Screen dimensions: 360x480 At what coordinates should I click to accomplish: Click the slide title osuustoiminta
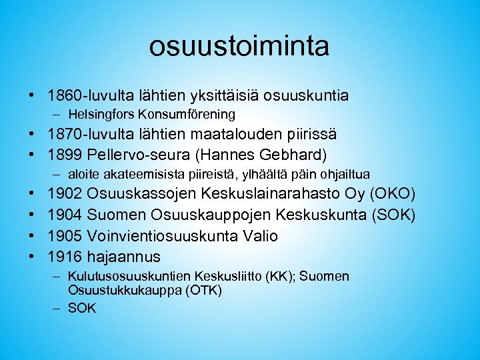click(x=239, y=47)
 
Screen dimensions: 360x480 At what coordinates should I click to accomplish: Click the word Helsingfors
click(x=99, y=115)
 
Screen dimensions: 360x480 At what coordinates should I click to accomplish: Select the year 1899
click(x=65, y=155)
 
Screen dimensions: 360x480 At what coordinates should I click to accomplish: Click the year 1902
click(x=65, y=195)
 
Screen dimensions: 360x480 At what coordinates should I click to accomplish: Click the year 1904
click(x=65, y=215)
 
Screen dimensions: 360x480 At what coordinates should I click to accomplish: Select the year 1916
click(x=65, y=257)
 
